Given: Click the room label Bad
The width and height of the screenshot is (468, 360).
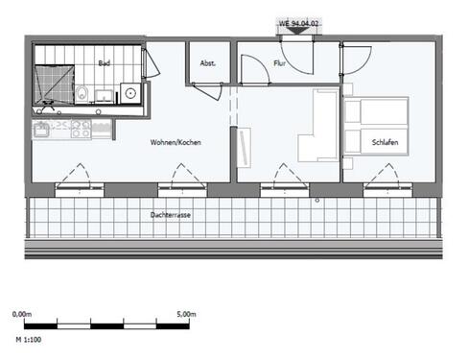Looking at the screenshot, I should point(104,63).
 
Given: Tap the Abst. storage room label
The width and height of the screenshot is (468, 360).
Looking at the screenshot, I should point(207,64).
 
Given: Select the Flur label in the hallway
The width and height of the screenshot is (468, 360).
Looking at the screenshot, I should point(280,64).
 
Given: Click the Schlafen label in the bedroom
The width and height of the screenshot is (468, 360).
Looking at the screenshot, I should point(386,143).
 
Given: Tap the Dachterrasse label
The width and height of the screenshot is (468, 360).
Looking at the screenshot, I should point(170,216).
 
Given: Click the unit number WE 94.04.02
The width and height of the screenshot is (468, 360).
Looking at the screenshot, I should point(297,21).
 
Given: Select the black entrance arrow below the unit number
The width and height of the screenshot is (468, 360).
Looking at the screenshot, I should point(297,31).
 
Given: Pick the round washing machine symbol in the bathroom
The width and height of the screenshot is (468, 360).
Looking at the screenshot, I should point(129,93).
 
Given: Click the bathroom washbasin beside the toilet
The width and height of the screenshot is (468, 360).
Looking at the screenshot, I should point(103,95).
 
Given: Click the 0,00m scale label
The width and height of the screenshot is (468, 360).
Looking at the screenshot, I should point(21,314).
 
